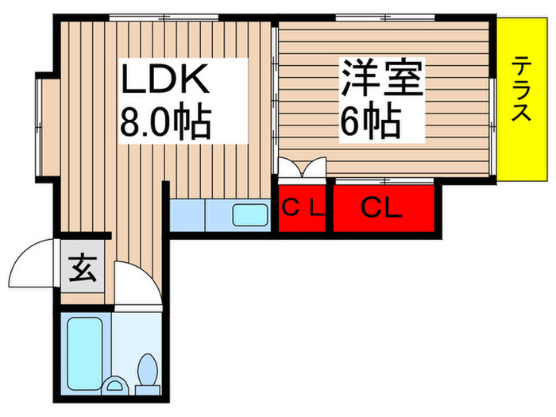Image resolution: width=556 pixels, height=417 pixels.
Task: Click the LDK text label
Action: pyautogui.click(x=164, y=80)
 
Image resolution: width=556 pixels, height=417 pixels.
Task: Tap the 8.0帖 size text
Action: pyautogui.click(x=164, y=124)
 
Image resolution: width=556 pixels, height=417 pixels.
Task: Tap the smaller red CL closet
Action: pyautogui.click(x=303, y=210)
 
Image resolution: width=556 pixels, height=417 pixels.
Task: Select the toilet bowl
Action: pyautogui.click(x=148, y=372)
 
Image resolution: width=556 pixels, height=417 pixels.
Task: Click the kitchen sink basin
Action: pyautogui.click(x=250, y=215)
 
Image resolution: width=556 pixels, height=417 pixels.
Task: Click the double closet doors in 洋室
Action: pyautogui.click(x=303, y=168)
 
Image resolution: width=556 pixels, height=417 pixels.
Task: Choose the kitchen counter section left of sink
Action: pyautogui.click(x=187, y=215)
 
